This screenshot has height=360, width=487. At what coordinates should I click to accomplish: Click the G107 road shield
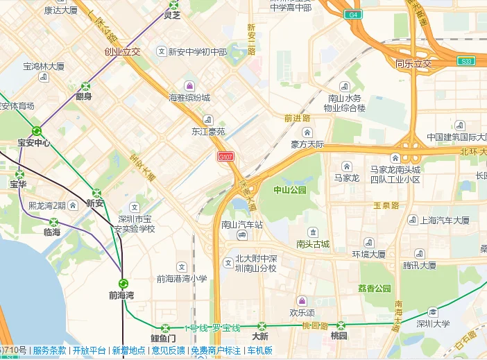tap(225, 157)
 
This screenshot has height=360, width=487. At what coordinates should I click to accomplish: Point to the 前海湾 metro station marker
tap(123, 283)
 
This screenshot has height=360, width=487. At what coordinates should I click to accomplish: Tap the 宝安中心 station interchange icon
tap(36, 131)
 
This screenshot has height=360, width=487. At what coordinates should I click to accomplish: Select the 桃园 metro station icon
tap(340, 325)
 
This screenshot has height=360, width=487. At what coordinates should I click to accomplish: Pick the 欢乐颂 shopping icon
tap(302, 300)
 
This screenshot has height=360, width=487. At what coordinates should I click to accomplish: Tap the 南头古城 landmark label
tap(313, 244)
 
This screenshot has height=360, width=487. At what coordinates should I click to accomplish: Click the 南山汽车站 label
tap(242, 225)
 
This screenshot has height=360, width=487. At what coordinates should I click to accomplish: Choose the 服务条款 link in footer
tap(50, 351)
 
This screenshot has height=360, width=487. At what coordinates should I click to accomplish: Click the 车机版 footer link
tap(260, 351)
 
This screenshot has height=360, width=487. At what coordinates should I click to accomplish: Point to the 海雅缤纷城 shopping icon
tap(189, 86)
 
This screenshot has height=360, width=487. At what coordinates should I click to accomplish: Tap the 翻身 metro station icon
tap(85, 86)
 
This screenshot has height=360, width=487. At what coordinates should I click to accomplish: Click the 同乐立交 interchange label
tap(413, 65)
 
